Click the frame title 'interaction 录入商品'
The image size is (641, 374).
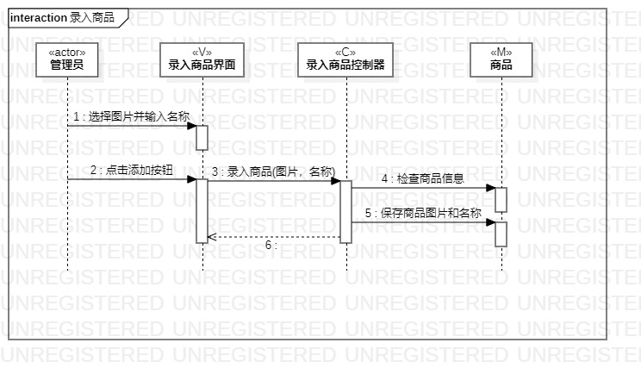pyautogui.click(x=62, y=17)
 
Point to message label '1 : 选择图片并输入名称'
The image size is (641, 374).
pyautogui.click(x=131, y=116)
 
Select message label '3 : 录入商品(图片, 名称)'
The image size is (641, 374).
pyautogui.click(x=273, y=171)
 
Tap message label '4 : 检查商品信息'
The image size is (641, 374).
pyautogui.click(x=422, y=178)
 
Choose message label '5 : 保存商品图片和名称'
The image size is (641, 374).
pyautogui.click(x=422, y=213)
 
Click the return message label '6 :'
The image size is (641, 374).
pyautogui.click(x=271, y=246)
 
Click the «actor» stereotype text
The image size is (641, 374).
pyautogui.click(x=67, y=52)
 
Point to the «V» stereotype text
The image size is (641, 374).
pyautogui.click(x=202, y=52)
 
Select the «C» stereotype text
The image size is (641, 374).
pyautogui.click(x=345, y=52)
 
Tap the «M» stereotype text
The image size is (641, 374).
pyautogui.click(x=501, y=52)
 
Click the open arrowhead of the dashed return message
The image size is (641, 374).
pyautogui.click(x=212, y=237)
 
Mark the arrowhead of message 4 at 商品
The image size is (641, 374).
pyautogui.click(x=490, y=187)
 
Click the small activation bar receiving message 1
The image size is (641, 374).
pyautogui.click(x=202, y=138)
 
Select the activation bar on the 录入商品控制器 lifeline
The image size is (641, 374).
pyautogui.click(x=345, y=211)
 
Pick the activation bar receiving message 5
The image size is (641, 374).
pyautogui.click(x=501, y=234)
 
